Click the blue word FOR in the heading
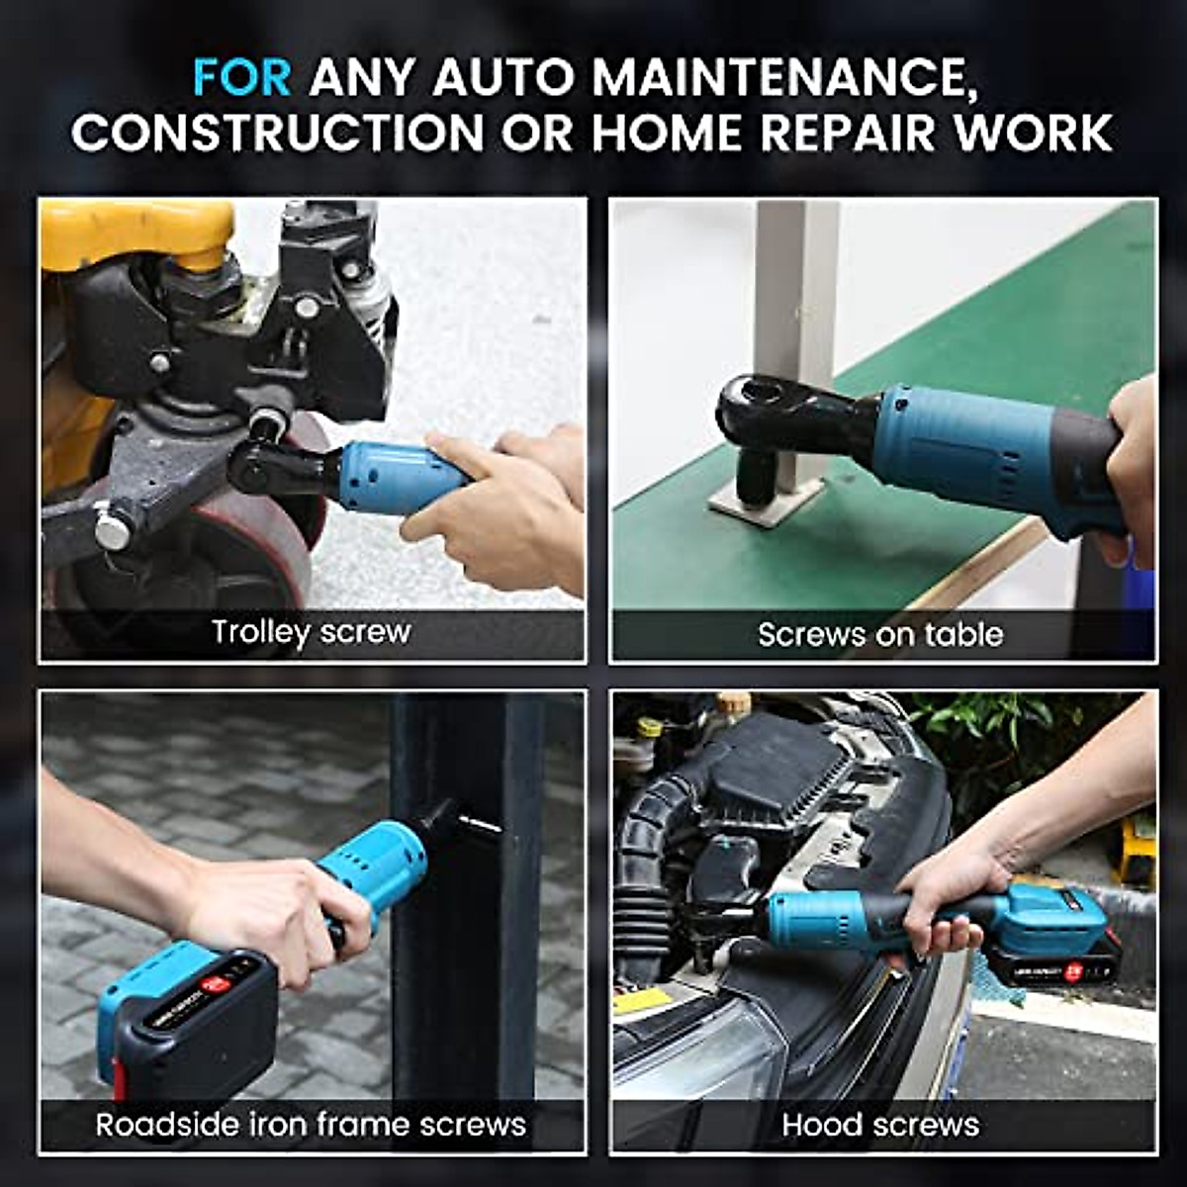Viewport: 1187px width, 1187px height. tap(242, 77)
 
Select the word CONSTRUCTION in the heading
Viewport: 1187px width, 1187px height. tap(278, 133)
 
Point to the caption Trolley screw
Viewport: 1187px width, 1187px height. tap(311, 632)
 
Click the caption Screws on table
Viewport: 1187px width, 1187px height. tap(880, 634)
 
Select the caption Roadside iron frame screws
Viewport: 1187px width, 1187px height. tap(311, 1125)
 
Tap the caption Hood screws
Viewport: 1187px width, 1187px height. tap(880, 1125)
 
